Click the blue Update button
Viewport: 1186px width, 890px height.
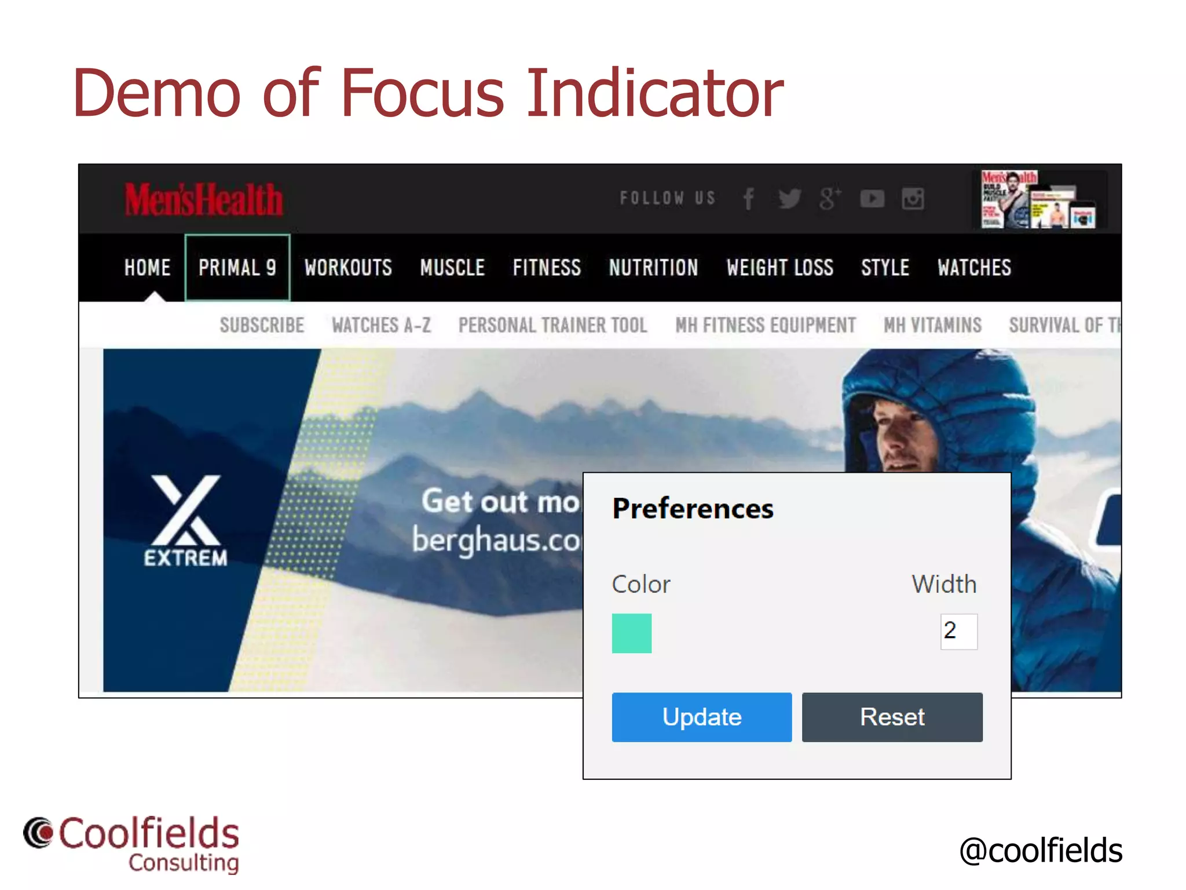pos(701,717)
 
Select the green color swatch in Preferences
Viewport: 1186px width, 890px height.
pos(631,633)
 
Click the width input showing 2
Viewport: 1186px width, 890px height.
pos(958,631)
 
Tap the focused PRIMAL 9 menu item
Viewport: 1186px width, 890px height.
pos(237,268)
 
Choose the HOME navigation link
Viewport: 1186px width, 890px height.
pos(147,268)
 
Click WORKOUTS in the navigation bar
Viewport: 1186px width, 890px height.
pos(348,268)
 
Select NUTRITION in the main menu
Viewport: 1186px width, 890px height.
pos(653,268)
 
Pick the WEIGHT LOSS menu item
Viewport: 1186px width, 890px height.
pos(779,268)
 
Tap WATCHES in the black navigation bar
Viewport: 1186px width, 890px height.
pos(974,268)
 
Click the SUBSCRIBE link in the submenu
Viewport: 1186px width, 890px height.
pos(262,325)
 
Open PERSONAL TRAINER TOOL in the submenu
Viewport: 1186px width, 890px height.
pos(552,325)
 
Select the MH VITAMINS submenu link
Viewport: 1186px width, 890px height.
pos(932,325)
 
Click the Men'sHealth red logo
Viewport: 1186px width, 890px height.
pos(204,200)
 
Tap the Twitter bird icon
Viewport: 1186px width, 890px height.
pos(789,199)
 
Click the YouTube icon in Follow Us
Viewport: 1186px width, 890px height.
pos(872,199)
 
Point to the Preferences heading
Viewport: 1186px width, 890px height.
pos(693,509)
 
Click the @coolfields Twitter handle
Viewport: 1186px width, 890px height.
pos(1041,850)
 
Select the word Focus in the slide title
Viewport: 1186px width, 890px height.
pos(423,93)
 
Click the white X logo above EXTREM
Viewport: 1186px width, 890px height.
pos(186,510)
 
